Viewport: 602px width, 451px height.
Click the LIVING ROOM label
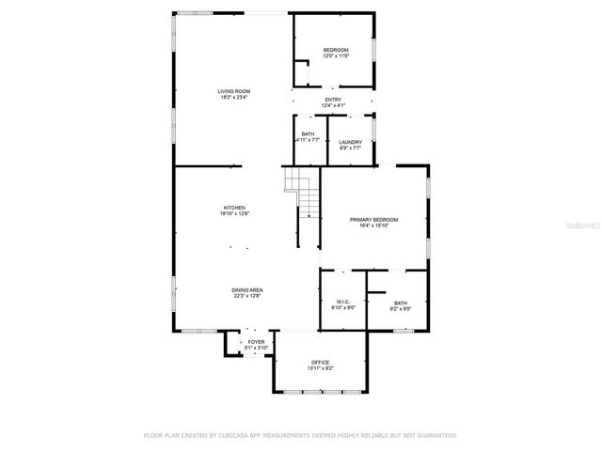233,90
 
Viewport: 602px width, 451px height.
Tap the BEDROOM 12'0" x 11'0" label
336,50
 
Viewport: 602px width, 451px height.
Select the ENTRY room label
333,100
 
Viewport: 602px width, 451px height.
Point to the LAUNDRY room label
350,142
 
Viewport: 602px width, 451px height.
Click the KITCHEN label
234,208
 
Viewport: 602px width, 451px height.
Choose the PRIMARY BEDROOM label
373,220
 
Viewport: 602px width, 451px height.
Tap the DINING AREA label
246,289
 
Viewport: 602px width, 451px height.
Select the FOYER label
257,342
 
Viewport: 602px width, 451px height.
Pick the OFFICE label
320,362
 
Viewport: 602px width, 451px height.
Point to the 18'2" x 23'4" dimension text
233,97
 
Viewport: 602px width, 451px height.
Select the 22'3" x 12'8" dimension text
246,296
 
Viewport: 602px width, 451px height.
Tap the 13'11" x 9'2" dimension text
320,368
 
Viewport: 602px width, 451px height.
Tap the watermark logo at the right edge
586,226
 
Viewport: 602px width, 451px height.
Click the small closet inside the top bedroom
302,73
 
